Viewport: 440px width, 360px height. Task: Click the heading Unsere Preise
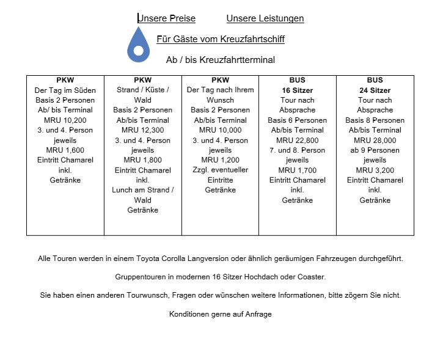[167, 18]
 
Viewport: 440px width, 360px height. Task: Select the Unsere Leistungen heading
[265, 18]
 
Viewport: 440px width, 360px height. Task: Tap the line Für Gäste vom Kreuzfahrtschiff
[221, 39]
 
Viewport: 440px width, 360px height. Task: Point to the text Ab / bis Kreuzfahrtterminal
[221, 60]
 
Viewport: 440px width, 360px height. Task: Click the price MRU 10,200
[65, 120]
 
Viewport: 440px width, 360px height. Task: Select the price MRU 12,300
[142, 130]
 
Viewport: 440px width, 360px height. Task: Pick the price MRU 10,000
[220, 130]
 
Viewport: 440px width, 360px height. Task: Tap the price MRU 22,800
[298, 140]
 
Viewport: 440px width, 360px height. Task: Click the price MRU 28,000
[375, 140]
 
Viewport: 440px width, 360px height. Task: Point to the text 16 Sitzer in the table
[298, 90]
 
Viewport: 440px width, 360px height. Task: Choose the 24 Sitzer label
[375, 90]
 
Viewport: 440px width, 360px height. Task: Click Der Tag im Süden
[65, 90]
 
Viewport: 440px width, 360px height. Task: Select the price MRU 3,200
[375, 170]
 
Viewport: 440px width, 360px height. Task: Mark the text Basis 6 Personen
[298, 120]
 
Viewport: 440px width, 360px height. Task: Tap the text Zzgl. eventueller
[220, 170]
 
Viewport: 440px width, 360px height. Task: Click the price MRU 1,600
[65, 150]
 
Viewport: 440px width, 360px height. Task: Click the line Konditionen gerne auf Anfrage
[221, 314]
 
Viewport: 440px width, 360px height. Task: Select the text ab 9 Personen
[375, 150]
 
